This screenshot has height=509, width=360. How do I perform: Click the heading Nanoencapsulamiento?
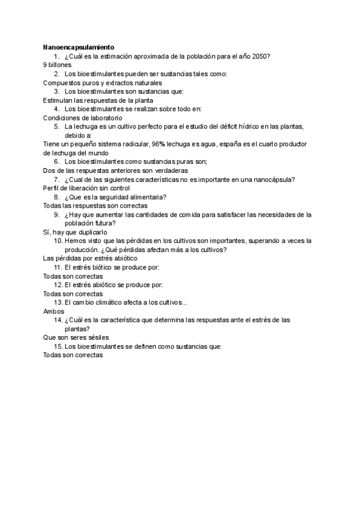pyautogui.click(x=79, y=47)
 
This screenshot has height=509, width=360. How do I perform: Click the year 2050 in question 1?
pyautogui.click(x=262, y=56)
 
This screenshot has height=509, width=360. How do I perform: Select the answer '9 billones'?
pyautogui.click(x=58, y=64)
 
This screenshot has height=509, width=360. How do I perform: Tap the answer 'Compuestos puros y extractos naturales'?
pyautogui.click(x=103, y=82)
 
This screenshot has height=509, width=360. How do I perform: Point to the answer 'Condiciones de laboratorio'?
pyautogui.click(x=82, y=118)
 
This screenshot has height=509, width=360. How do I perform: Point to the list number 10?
pyautogui.click(x=58, y=241)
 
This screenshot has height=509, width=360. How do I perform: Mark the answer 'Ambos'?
pyautogui.click(x=53, y=311)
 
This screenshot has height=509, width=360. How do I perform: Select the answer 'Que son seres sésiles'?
pyautogui.click(x=76, y=337)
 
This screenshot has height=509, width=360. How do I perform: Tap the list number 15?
pyautogui.click(x=58, y=346)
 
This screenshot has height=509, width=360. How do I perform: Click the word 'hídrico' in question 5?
pyautogui.click(x=246, y=127)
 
